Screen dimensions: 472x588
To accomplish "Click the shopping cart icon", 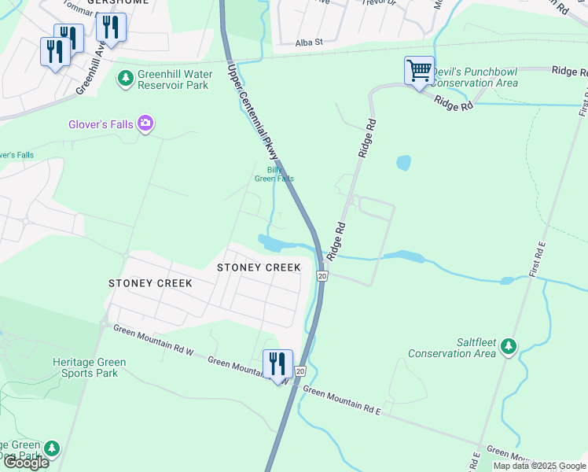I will pyautogui.click(x=418, y=71).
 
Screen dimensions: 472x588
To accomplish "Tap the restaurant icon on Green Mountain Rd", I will pyautogui.click(x=277, y=364).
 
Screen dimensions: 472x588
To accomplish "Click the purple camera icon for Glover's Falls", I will pyautogui.click(x=145, y=123).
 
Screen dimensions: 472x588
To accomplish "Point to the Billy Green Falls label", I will pyautogui.click(x=274, y=174).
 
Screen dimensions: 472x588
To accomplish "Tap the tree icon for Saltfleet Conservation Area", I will pyautogui.click(x=509, y=345).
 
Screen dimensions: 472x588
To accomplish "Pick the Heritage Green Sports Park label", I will pyautogui.click(x=79, y=367).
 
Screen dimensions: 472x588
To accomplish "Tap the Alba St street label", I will pyautogui.click(x=308, y=44).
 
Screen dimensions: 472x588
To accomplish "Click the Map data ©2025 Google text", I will pyautogui.click(x=538, y=466).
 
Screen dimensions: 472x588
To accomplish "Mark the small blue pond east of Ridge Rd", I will pyautogui.click(x=403, y=163).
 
